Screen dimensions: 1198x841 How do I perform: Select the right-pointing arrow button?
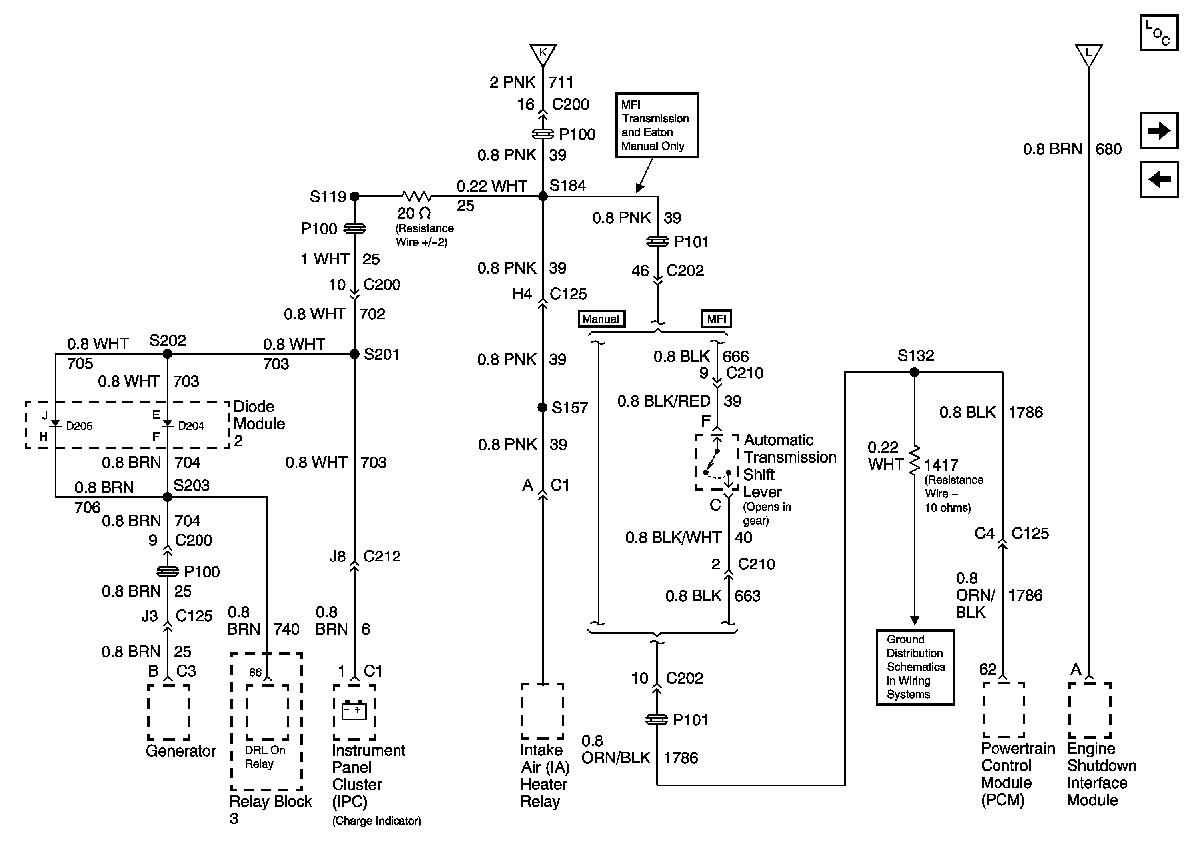coord(1159,130)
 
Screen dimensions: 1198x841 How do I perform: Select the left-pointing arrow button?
coord(1159,179)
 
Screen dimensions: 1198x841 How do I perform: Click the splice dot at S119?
coord(354,196)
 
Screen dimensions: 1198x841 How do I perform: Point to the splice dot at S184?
coord(543,196)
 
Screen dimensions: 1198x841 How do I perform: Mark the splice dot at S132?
coord(914,372)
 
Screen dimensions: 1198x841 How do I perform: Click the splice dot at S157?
coord(543,407)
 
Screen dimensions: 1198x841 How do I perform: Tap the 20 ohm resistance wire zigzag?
coord(416,196)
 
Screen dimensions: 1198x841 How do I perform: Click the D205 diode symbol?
coord(55,423)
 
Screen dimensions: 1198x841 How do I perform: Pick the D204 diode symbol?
coord(167,423)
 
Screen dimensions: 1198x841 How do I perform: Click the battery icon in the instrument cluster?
coord(354,711)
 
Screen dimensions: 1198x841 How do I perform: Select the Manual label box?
coord(601,319)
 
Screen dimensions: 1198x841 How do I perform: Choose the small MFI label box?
coord(716,319)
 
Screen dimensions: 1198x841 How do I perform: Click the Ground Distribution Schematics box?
coord(915,667)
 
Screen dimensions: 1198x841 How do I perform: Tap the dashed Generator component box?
coord(169,712)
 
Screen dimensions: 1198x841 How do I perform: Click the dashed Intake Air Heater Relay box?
coord(543,711)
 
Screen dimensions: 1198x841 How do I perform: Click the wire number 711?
coord(561,82)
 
